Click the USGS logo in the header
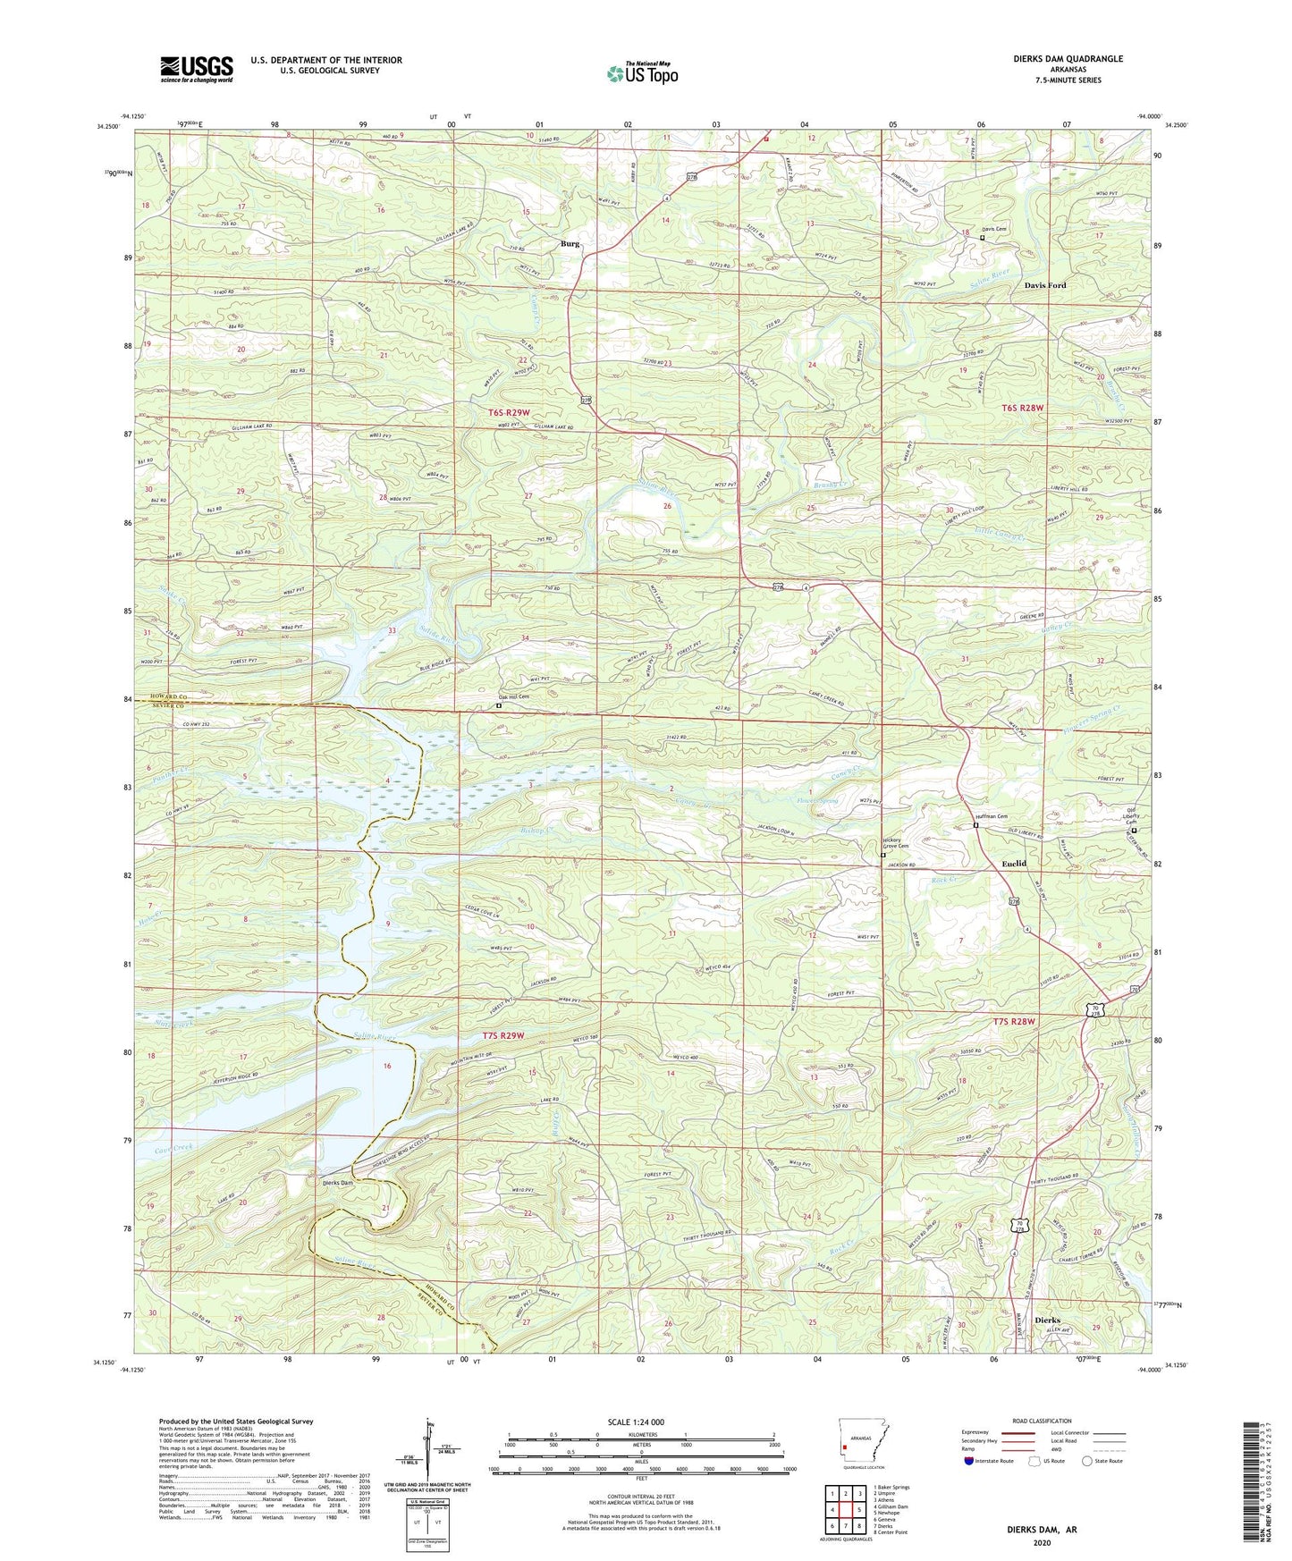197,69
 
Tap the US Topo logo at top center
641,73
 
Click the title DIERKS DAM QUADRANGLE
1056,59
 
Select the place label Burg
570,244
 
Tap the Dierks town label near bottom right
1047,1320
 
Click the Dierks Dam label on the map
338,1184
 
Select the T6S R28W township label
1022,409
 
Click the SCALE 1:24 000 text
636,1422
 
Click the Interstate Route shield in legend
969,1462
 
